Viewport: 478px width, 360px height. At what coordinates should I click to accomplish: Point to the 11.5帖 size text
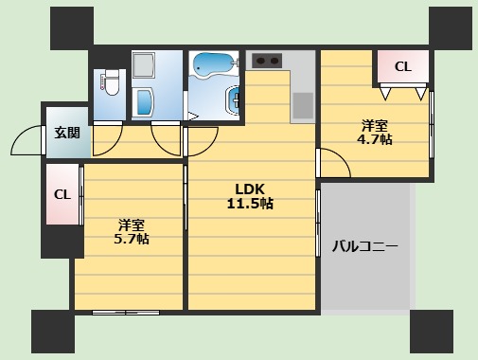click(249, 204)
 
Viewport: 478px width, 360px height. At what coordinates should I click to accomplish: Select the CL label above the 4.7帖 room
click(402, 67)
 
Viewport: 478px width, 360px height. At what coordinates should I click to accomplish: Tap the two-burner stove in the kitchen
click(267, 61)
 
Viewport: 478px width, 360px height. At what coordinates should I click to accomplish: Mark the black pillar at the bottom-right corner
click(431, 332)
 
